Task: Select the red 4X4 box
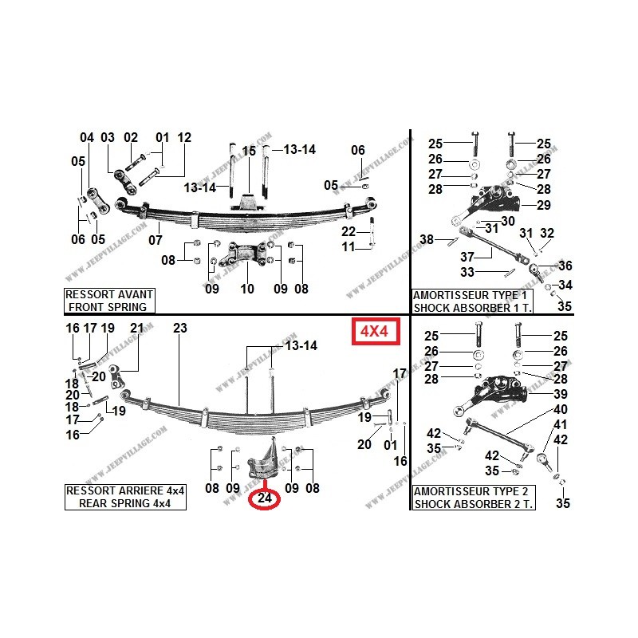pos(373,331)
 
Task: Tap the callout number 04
pos(87,137)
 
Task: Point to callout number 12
pos(185,137)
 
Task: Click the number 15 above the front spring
pos(249,151)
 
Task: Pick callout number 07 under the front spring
pos(156,239)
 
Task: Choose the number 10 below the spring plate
pos(248,288)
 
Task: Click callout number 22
pos(349,231)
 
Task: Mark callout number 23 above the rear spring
pos(179,328)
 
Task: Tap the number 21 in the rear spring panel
pos(136,328)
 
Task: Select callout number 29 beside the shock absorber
pos(544,206)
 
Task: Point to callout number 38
pos(427,239)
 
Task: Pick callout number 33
pos(467,272)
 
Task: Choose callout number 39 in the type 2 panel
pos(561,395)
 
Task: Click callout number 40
pos(561,410)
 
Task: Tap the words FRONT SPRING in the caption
pos(108,306)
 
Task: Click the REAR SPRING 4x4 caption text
pos(124,503)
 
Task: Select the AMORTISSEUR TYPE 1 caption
pos(472,295)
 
